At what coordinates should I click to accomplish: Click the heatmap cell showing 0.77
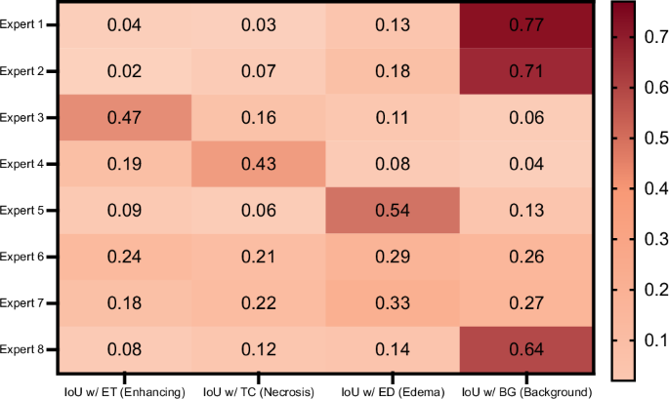click(525, 25)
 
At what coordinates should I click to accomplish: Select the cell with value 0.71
click(525, 71)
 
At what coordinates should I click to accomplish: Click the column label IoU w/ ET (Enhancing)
click(125, 390)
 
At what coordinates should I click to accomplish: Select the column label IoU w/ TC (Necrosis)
click(259, 390)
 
